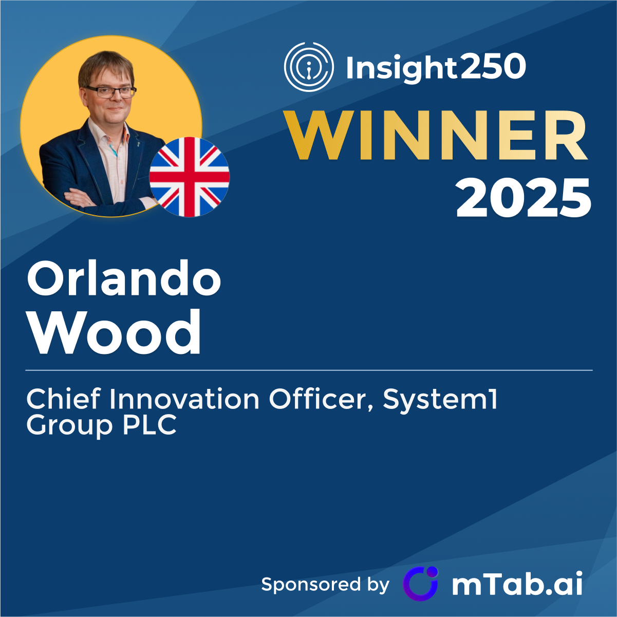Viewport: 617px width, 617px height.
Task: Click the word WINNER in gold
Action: pyautogui.click(x=436, y=135)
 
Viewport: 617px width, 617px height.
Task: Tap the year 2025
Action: pyautogui.click(x=523, y=198)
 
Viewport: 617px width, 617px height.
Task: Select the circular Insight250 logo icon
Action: pyautogui.click(x=309, y=67)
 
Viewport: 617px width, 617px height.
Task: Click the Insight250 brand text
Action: pyautogui.click(x=436, y=67)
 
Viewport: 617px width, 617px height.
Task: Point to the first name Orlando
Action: pyautogui.click(x=124, y=277)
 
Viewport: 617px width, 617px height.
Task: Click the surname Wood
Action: pyautogui.click(x=114, y=332)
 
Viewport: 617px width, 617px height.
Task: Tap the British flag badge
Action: pyautogui.click(x=190, y=177)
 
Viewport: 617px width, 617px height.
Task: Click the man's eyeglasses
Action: pyautogui.click(x=110, y=92)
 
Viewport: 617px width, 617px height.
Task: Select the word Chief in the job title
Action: pyautogui.click(x=64, y=399)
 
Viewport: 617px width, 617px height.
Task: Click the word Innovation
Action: pyautogui.click(x=184, y=399)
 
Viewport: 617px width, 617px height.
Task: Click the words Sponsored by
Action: pyautogui.click(x=325, y=585)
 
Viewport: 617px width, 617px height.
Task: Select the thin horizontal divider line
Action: pyautogui.click(x=309, y=370)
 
